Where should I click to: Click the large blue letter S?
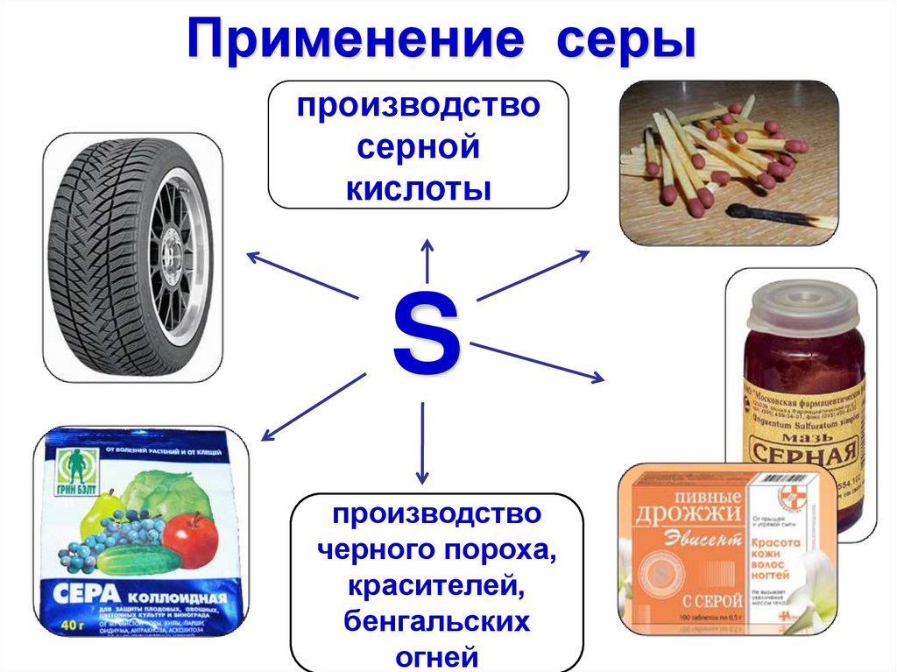tap(427, 333)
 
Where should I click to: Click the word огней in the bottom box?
tap(437, 655)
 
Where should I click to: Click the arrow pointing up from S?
tap(427, 258)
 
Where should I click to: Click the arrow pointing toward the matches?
tap(533, 275)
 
